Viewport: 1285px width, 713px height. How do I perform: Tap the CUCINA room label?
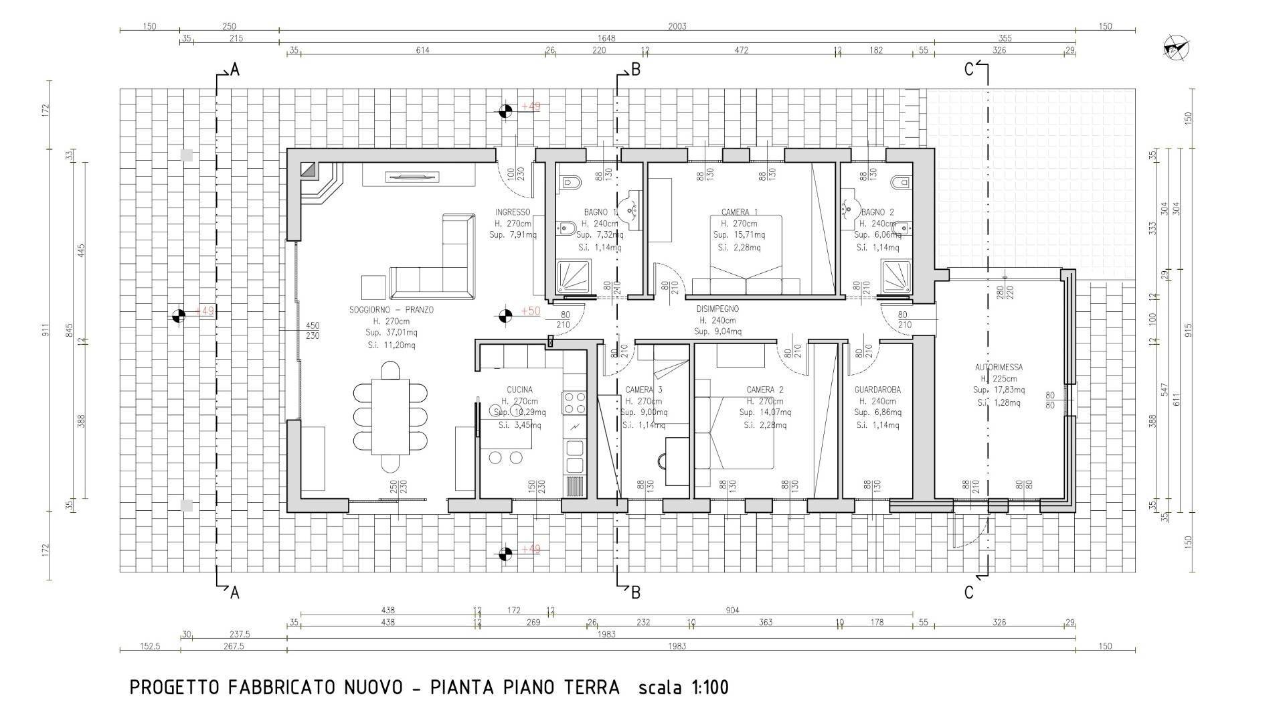[519, 390]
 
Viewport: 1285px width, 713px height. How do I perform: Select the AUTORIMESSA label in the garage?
[998, 367]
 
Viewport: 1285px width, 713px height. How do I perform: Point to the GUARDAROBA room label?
[877, 390]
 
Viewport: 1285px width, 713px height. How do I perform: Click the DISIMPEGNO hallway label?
[717, 309]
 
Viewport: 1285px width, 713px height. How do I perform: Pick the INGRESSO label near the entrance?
[513, 212]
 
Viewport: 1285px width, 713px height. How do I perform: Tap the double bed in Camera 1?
[746, 254]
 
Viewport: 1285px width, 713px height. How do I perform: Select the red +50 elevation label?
[530, 311]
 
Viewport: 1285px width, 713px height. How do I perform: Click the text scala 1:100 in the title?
[683, 688]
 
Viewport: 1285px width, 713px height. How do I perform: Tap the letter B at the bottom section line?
[636, 592]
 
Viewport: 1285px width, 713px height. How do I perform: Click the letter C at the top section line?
[968, 70]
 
